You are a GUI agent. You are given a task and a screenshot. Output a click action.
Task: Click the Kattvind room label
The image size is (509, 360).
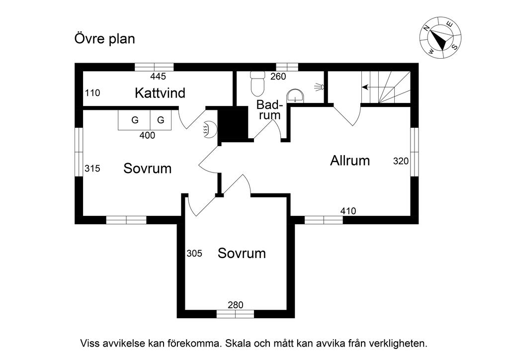(160, 92)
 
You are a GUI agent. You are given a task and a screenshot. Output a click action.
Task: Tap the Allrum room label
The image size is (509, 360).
(350, 161)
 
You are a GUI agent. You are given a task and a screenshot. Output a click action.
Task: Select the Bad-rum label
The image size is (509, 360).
(269, 110)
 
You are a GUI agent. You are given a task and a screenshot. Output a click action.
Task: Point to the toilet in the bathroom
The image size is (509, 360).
(257, 84)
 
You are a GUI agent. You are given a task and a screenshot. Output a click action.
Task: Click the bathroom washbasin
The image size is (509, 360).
(295, 95)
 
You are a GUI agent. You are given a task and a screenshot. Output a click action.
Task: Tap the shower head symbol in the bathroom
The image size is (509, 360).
(319, 87)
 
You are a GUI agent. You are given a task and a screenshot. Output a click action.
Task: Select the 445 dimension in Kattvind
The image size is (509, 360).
(158, 77)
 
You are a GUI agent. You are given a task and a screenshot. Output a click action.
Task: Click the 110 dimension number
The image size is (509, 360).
(92, 92)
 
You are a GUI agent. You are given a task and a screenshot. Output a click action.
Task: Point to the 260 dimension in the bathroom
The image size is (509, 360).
(278, 77)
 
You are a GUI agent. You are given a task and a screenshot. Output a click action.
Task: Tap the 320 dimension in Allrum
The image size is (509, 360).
(401, 161)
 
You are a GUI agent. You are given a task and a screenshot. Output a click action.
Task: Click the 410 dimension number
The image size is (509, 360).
(348, 211)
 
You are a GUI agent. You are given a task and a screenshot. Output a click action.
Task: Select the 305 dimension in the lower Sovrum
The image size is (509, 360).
(194, 253)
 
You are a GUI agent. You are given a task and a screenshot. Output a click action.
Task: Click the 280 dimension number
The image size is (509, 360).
(235, 305)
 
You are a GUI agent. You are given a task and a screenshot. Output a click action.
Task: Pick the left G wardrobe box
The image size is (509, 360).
(134, 120)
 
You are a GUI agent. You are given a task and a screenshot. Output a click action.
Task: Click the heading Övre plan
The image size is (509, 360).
(104, 39)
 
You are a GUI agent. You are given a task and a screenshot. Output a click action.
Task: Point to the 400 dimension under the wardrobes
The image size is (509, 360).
(147, 135)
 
